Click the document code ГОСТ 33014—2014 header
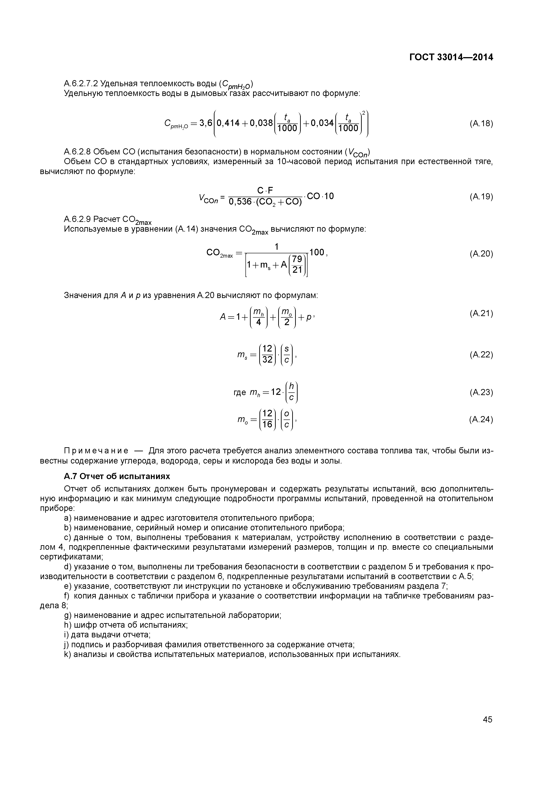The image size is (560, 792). [x=451, y=57]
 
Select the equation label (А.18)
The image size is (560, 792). [x=481, y=123]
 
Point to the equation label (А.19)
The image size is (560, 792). [x=481, y=197]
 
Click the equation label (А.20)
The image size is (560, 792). [x=481, y=254]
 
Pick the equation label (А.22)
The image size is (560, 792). [x=481, y=355]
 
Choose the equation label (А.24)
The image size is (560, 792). [x=481, y=419]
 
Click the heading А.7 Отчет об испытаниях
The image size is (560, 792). [x=117, y=476]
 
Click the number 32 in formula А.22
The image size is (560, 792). [x=267, y=360]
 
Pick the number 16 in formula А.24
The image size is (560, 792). [x=267, y=424]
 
